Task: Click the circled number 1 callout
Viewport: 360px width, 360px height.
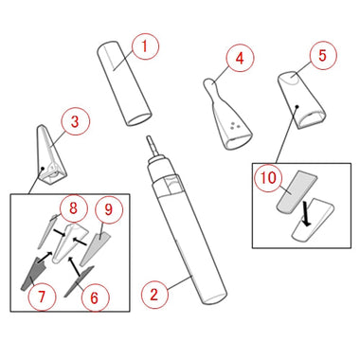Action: [x=145, y=46]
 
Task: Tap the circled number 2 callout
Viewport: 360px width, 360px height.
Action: [x=154, y=295]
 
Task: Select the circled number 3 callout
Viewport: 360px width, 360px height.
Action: [x=75, y=121]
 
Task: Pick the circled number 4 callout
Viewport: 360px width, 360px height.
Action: [x=240, y=59]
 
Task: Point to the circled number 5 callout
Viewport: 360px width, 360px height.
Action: [x=322, y=56]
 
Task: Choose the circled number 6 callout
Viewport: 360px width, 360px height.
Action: [x=95, y=297]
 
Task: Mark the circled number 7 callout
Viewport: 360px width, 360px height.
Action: [x=42, y=297]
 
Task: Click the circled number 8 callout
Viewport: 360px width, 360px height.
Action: [x=73, y=208]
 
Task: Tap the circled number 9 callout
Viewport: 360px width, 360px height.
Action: [x=109, y=209]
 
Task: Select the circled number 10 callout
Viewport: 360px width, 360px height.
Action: [x=268, y=178]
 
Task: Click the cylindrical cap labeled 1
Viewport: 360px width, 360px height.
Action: [x=124, y=83]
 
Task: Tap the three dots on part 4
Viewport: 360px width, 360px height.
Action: [x=234, y=125]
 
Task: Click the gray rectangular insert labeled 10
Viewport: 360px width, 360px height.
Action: [x=297, y=191]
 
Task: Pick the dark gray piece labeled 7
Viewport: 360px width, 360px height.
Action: [x=33, y=274]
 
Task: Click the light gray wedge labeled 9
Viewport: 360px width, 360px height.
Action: [x=96, y=248]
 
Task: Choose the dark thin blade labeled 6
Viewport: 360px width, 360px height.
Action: [x=79, y=281]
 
